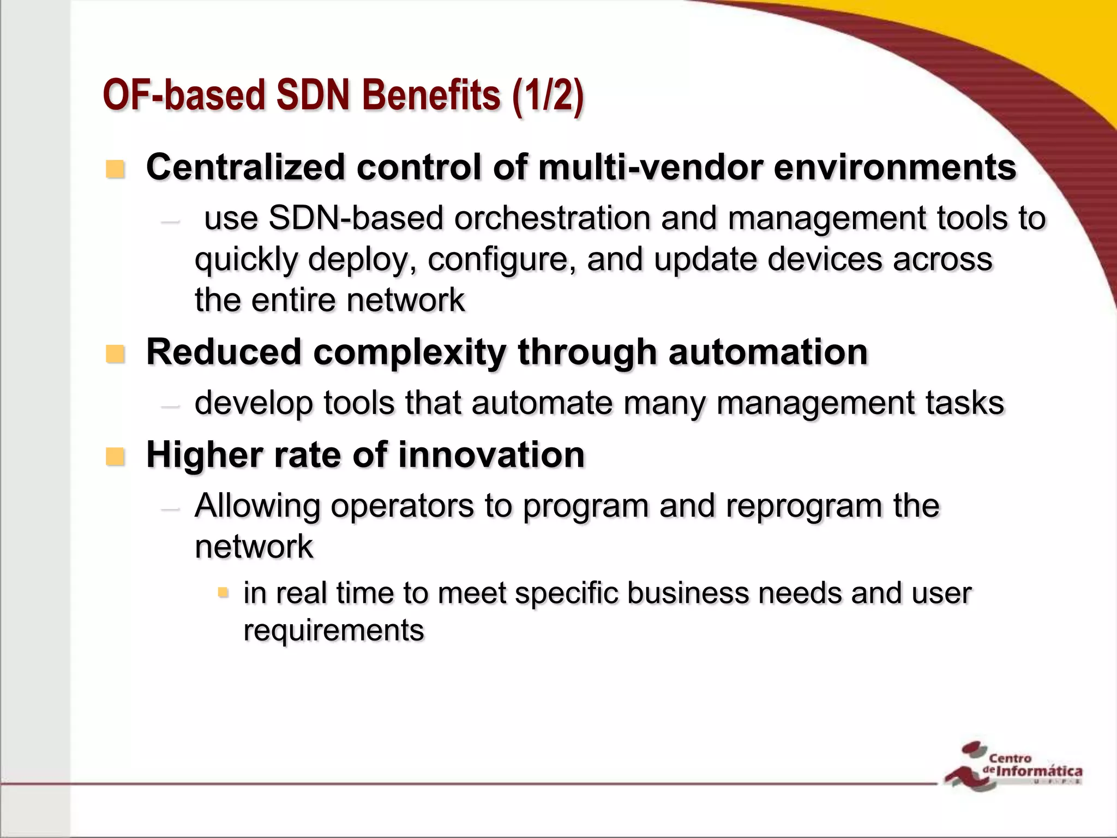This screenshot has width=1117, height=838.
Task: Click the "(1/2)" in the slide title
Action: (x=548, y=96)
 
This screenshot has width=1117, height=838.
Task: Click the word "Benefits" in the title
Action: (x=431, y=95)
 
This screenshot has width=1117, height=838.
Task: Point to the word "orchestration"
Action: (x=552, y=218)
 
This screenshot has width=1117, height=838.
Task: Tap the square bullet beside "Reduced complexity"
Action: (x=115, y=354)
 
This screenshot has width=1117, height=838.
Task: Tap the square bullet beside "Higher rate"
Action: (x=115, y=456)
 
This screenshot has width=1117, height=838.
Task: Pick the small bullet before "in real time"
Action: (x=223, y=592)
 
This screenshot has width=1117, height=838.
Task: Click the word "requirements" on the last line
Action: (x=333, y=631)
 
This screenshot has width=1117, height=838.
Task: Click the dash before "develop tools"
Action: (x=171, y=406)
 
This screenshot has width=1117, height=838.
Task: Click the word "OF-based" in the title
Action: (x=184, y=95)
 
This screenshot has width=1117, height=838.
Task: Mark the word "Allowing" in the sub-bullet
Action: (x=257, y=506)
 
